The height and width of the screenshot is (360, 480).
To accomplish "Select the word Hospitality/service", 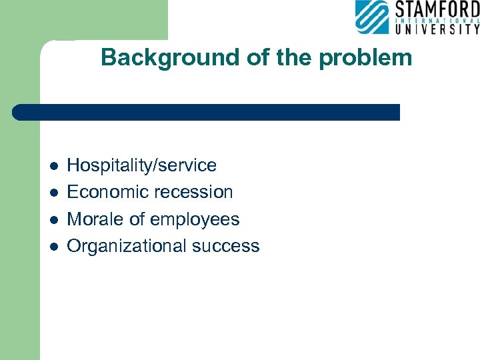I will pos(142,165).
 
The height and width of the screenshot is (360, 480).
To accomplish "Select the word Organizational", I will pos(127,246).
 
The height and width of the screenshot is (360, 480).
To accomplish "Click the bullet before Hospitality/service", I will pos(54,166).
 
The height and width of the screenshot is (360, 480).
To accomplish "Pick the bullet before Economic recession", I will pos(54,193).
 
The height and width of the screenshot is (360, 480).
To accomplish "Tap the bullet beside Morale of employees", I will pos(54,220).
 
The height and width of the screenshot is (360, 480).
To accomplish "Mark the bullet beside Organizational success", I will pos(54,247).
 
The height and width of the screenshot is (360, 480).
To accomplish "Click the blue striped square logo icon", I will pos(371,17).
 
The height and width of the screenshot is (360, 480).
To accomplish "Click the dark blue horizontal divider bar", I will pos(207,112).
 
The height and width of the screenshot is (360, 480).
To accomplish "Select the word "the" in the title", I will pos(294,58).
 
